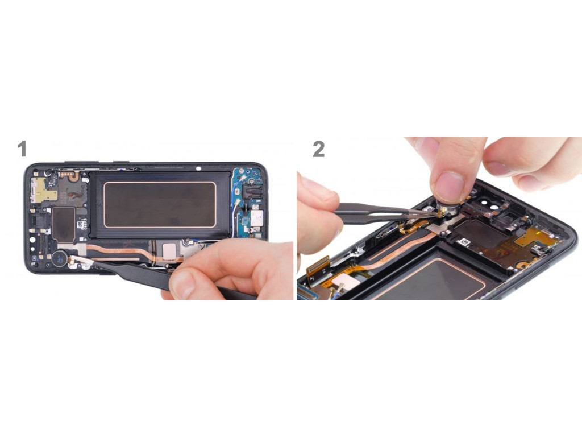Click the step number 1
pos(22,149)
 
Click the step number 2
pos(318,149)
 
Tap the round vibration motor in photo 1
pos(59,258)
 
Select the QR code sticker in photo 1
pos(81,225)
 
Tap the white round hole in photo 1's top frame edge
pos(198,168)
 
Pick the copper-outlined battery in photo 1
pos(160,204)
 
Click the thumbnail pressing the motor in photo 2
pos(450,186)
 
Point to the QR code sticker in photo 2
pos(463,243)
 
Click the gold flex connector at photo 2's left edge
pos(318,266)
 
